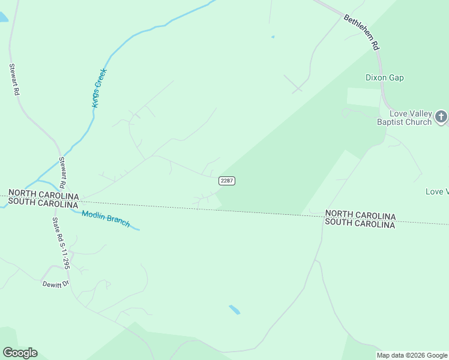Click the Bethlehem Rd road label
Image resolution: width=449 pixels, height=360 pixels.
[x=363, y=32]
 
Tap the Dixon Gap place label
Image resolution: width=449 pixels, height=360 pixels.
[x=385, y=78]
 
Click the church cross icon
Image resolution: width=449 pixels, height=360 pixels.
[x=441, y=116]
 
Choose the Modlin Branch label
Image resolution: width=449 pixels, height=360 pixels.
[x=106, y=219]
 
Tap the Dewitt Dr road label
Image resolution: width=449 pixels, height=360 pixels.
[x=56, y=284]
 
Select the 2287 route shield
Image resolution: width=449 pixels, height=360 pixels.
[x=226, y=181]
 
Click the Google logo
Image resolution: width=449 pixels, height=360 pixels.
[x=20, y=353]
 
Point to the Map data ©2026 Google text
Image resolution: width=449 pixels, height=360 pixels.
[x=412, y=355]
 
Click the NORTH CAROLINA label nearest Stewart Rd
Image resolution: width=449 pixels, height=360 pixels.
[x=43, y=196]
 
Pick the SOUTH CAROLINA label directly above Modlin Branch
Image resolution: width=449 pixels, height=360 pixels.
[x=43, y=204]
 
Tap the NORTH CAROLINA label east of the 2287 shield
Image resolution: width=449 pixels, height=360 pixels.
[x=360, y=215]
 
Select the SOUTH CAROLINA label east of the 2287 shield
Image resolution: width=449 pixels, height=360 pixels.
[x=360, y=224]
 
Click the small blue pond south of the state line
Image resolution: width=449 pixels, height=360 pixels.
[x=235, y=310]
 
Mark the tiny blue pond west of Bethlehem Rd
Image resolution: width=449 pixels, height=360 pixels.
[x=273, y=37]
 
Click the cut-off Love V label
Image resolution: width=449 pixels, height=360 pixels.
[x=437, y=192]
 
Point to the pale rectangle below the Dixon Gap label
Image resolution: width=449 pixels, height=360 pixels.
[x=364, y=97]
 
